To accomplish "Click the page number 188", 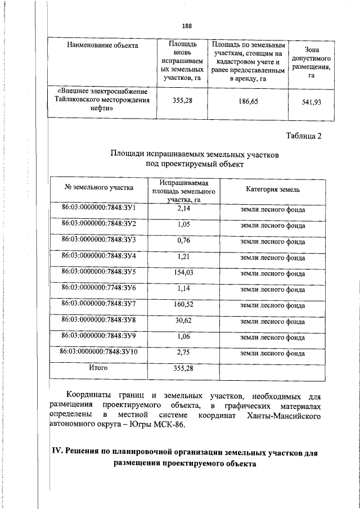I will coord(187,26).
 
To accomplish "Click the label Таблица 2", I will coord(303,136).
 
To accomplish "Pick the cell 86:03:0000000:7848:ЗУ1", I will coord(99,209).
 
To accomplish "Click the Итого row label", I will coord(99,368).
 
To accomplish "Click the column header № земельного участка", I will coord(99,187).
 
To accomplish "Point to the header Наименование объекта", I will coord(102,45).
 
